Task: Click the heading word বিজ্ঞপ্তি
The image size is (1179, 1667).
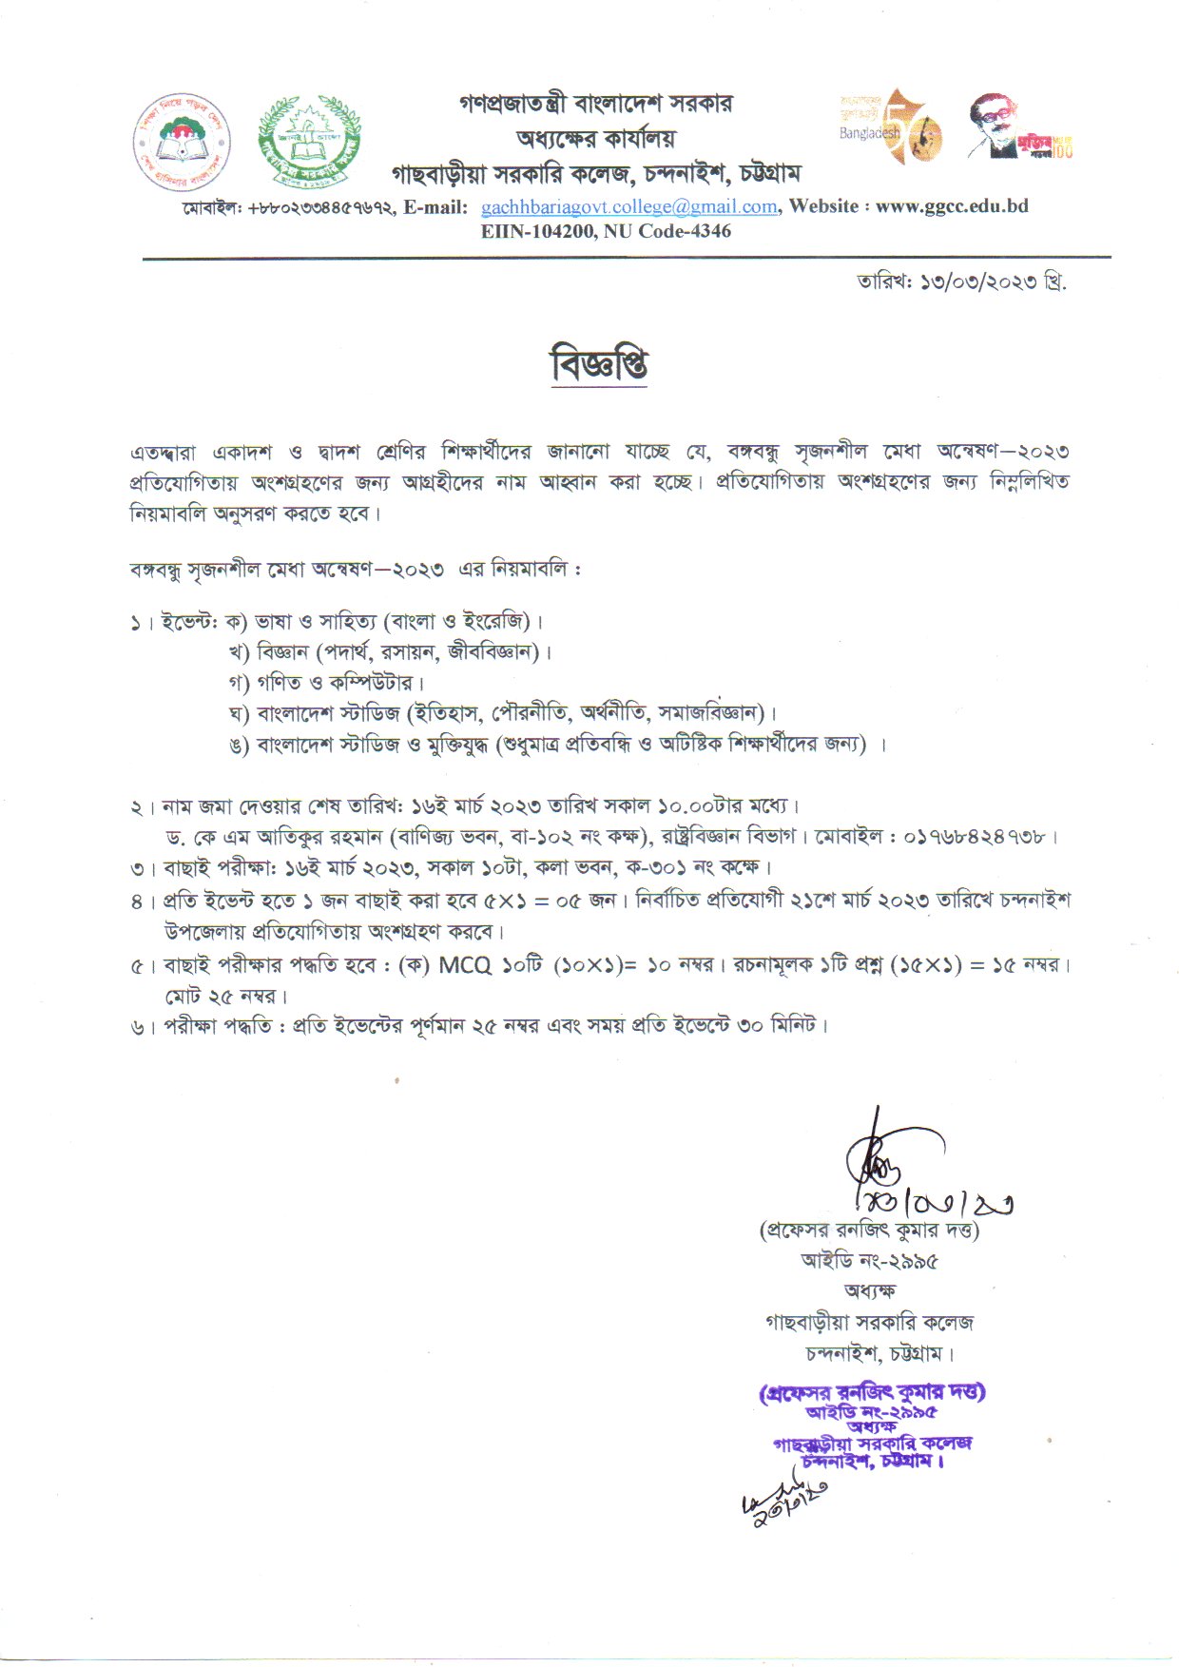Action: tap(599, 364)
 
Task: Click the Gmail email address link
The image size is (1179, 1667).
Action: tap(628, 206)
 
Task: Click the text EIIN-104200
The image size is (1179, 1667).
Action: tap(537, 231)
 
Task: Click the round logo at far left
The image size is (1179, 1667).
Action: tap(182, 143)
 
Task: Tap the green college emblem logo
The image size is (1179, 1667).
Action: tap(309, 143)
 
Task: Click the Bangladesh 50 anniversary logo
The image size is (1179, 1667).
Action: tap(890, 127)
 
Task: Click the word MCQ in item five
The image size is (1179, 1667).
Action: tap(465, 965)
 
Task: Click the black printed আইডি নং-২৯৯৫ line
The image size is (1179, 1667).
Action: tap(869, 1262)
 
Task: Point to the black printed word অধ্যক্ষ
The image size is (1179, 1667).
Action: tap(869, 1290)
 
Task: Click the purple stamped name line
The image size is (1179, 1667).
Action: tap(872, 1392)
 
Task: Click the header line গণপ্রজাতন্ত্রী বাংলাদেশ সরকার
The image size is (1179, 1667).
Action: tap(595, 103)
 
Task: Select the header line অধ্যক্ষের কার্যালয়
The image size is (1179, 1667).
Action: tap(595, 138)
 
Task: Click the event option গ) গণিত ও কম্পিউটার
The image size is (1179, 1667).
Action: tap(326, 683)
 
